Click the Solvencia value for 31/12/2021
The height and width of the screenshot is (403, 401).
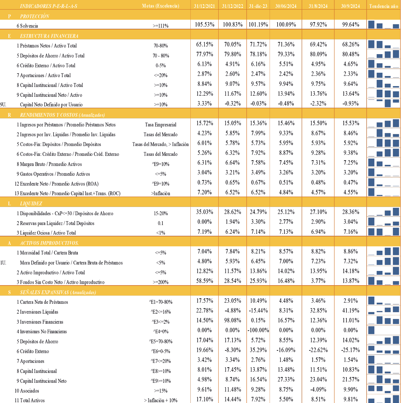[x=204, y=24]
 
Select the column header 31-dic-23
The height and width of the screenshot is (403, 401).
[x=258, y=6]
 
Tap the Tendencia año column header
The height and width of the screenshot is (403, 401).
[x=384, y=6]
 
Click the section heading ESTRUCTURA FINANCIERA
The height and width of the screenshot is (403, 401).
[x=49, y=36]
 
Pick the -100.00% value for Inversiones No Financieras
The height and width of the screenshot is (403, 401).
[x=258, y=330]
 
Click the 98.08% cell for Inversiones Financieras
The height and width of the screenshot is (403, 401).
[x=232, y=320]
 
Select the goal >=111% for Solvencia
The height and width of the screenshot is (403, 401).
[x=161, y=26]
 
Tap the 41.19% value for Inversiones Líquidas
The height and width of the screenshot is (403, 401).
[x=351, y=311]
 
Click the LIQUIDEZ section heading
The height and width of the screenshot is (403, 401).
[x=31, y=203]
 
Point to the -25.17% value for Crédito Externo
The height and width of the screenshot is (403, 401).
[x=350, y=350]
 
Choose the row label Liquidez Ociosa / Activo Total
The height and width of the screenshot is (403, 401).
[x=46, y=233]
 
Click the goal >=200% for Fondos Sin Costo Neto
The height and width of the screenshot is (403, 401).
[x=161, y=282]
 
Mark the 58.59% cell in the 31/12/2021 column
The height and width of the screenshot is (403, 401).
[x=205, y=281]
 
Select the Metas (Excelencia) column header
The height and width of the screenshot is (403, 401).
[x=161, y=6]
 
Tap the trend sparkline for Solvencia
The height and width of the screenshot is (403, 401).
[x=384, y=24]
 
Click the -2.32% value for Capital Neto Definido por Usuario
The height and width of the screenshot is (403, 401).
[x=318, y=104]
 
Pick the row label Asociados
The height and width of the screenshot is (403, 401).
[x=27, y=391]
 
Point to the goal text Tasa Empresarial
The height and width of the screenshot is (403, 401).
[x=161, y=125]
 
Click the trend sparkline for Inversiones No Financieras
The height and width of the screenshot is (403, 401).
[x=384, y=330]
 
